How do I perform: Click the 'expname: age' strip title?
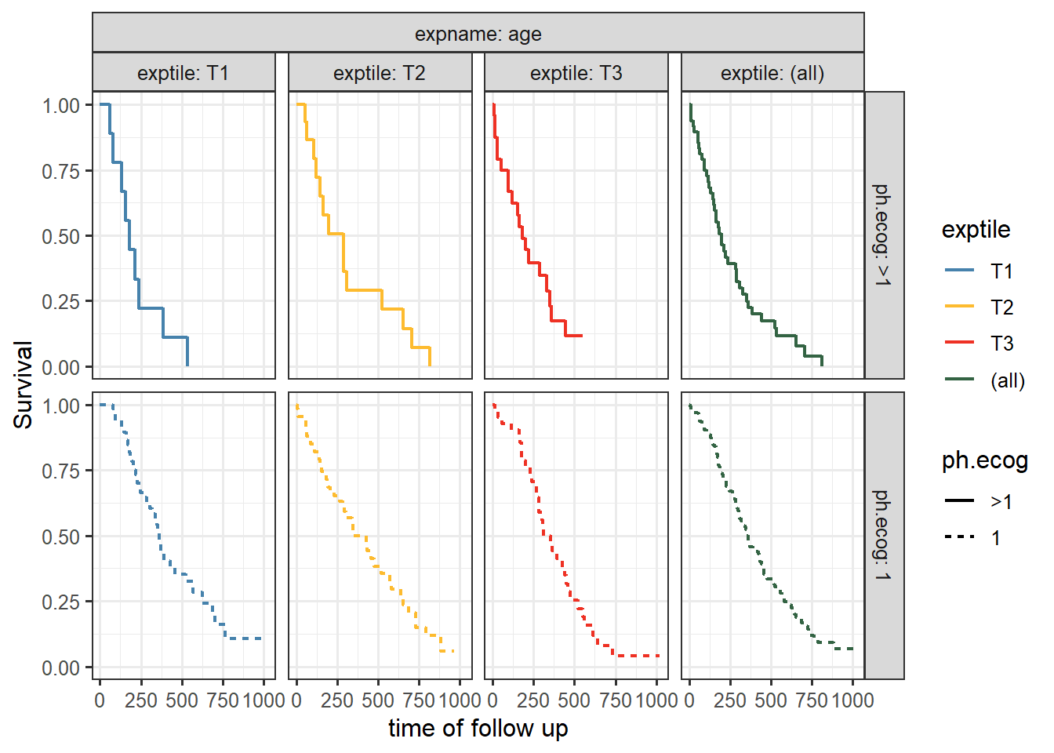click(478, 34)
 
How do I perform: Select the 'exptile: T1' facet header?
click(184, 73)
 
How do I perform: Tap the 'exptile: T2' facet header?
click(380, 73)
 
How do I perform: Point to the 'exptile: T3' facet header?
click(576, 73)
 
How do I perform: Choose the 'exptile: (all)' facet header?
click(772, 73)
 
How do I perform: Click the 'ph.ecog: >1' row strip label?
click(883, 235)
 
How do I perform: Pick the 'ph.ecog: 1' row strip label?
click(883, 536)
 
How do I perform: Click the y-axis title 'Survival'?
click(24, 385)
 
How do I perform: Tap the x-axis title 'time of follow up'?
click(478, 729)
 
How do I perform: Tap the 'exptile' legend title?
click(976, 230)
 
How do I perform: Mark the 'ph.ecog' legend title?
click(984, 460)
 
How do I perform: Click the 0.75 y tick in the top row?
click(61, 171)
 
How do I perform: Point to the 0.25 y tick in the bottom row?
click(61, 602)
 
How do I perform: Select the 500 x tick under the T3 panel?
click(574, 700)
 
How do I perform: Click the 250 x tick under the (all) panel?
click(730, 700)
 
